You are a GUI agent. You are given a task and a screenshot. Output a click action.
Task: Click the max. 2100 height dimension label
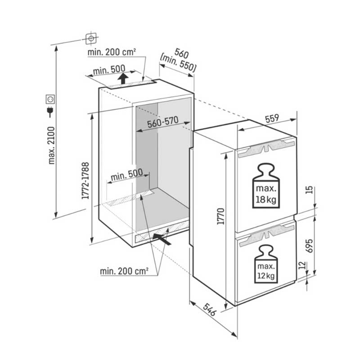[52, 145]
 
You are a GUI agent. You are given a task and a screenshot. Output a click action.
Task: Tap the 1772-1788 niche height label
[85, 181]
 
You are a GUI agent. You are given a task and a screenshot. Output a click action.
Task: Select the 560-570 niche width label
[163, 122]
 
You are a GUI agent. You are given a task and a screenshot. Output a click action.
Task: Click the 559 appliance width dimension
[272, 119]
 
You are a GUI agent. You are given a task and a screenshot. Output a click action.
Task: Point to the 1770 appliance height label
[220, 216]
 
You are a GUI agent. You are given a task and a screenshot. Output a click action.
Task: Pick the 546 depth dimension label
[210, 310]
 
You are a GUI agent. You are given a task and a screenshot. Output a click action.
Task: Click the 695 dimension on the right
[309, 246]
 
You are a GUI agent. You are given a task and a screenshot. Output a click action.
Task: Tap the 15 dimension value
[309, 190]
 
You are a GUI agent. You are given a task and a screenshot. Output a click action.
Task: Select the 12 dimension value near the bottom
[303, 265]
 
